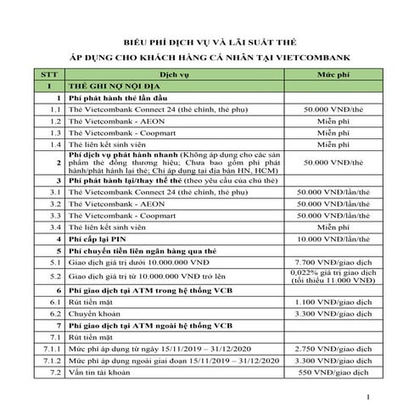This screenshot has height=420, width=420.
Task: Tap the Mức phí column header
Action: click(335, 75)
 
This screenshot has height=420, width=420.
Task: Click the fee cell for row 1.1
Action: click(335, 110)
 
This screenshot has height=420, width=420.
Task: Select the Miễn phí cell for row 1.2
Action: click(335, 122)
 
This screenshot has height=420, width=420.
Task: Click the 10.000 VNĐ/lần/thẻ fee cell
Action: click(335, 240)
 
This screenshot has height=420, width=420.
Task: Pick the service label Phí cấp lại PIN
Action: click(101, 240)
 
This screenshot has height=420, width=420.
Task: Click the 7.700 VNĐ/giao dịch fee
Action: click(335, 264)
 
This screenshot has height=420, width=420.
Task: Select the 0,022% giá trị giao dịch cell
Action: click(335, 274)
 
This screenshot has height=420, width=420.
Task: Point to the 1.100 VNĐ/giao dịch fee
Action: click(335, 302)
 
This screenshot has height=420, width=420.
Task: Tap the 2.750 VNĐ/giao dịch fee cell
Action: click(335, 349)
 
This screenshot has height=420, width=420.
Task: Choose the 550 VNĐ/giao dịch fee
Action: click(335, 372)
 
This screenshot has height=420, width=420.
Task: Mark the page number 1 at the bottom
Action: click(367, 397)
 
